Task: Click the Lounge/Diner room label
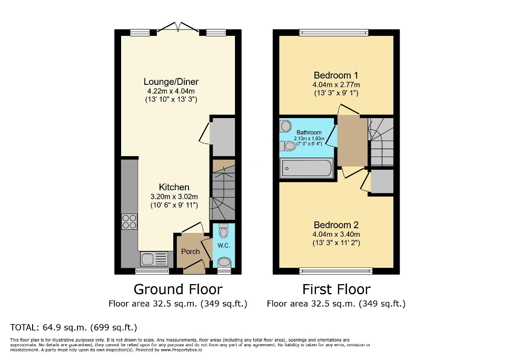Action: pyautogui.click(x=171, y=82)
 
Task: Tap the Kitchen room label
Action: pyautogui.click(x=174, y=187)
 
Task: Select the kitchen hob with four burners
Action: pyautogui.click(x=130, y=222)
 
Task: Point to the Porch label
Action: pyautogui.click(x=191, y=251)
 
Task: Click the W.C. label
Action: pyautogui.click(x=224, y=246)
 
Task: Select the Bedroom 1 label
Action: pyautogui.click(x=336, y=75)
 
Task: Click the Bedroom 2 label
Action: pyautogui.click(x=336, y=225)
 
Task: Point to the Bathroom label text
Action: pyautogui.click(x=309, y=132)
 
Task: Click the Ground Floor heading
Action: pyautogui.click(x=177, y=289)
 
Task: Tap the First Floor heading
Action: pyautogui.click(x=336, y=289)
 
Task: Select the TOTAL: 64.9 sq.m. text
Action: pyautogui.click(x=74, y=327)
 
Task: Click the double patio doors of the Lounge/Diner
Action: pyautogui.click(x=179, y=28)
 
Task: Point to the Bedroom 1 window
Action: pyautogui.click(x=333, y=33)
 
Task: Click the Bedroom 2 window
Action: pyautogui.click(x=335, y=271)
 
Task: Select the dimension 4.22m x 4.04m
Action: pyautogui.click(x=171, y=91)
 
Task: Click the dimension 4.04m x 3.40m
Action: pyautogui.click(x=336, y=235)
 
